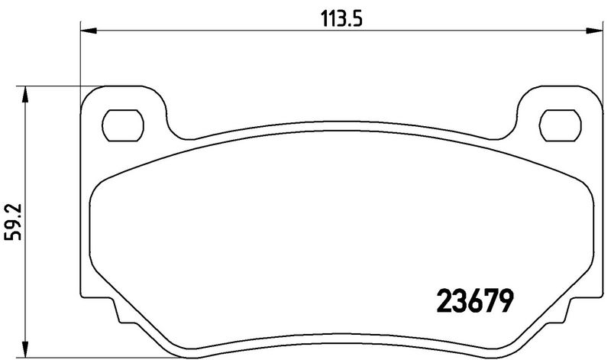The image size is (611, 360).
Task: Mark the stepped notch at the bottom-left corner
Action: [118, 313]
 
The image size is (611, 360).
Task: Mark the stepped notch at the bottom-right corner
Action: [565, 313]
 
